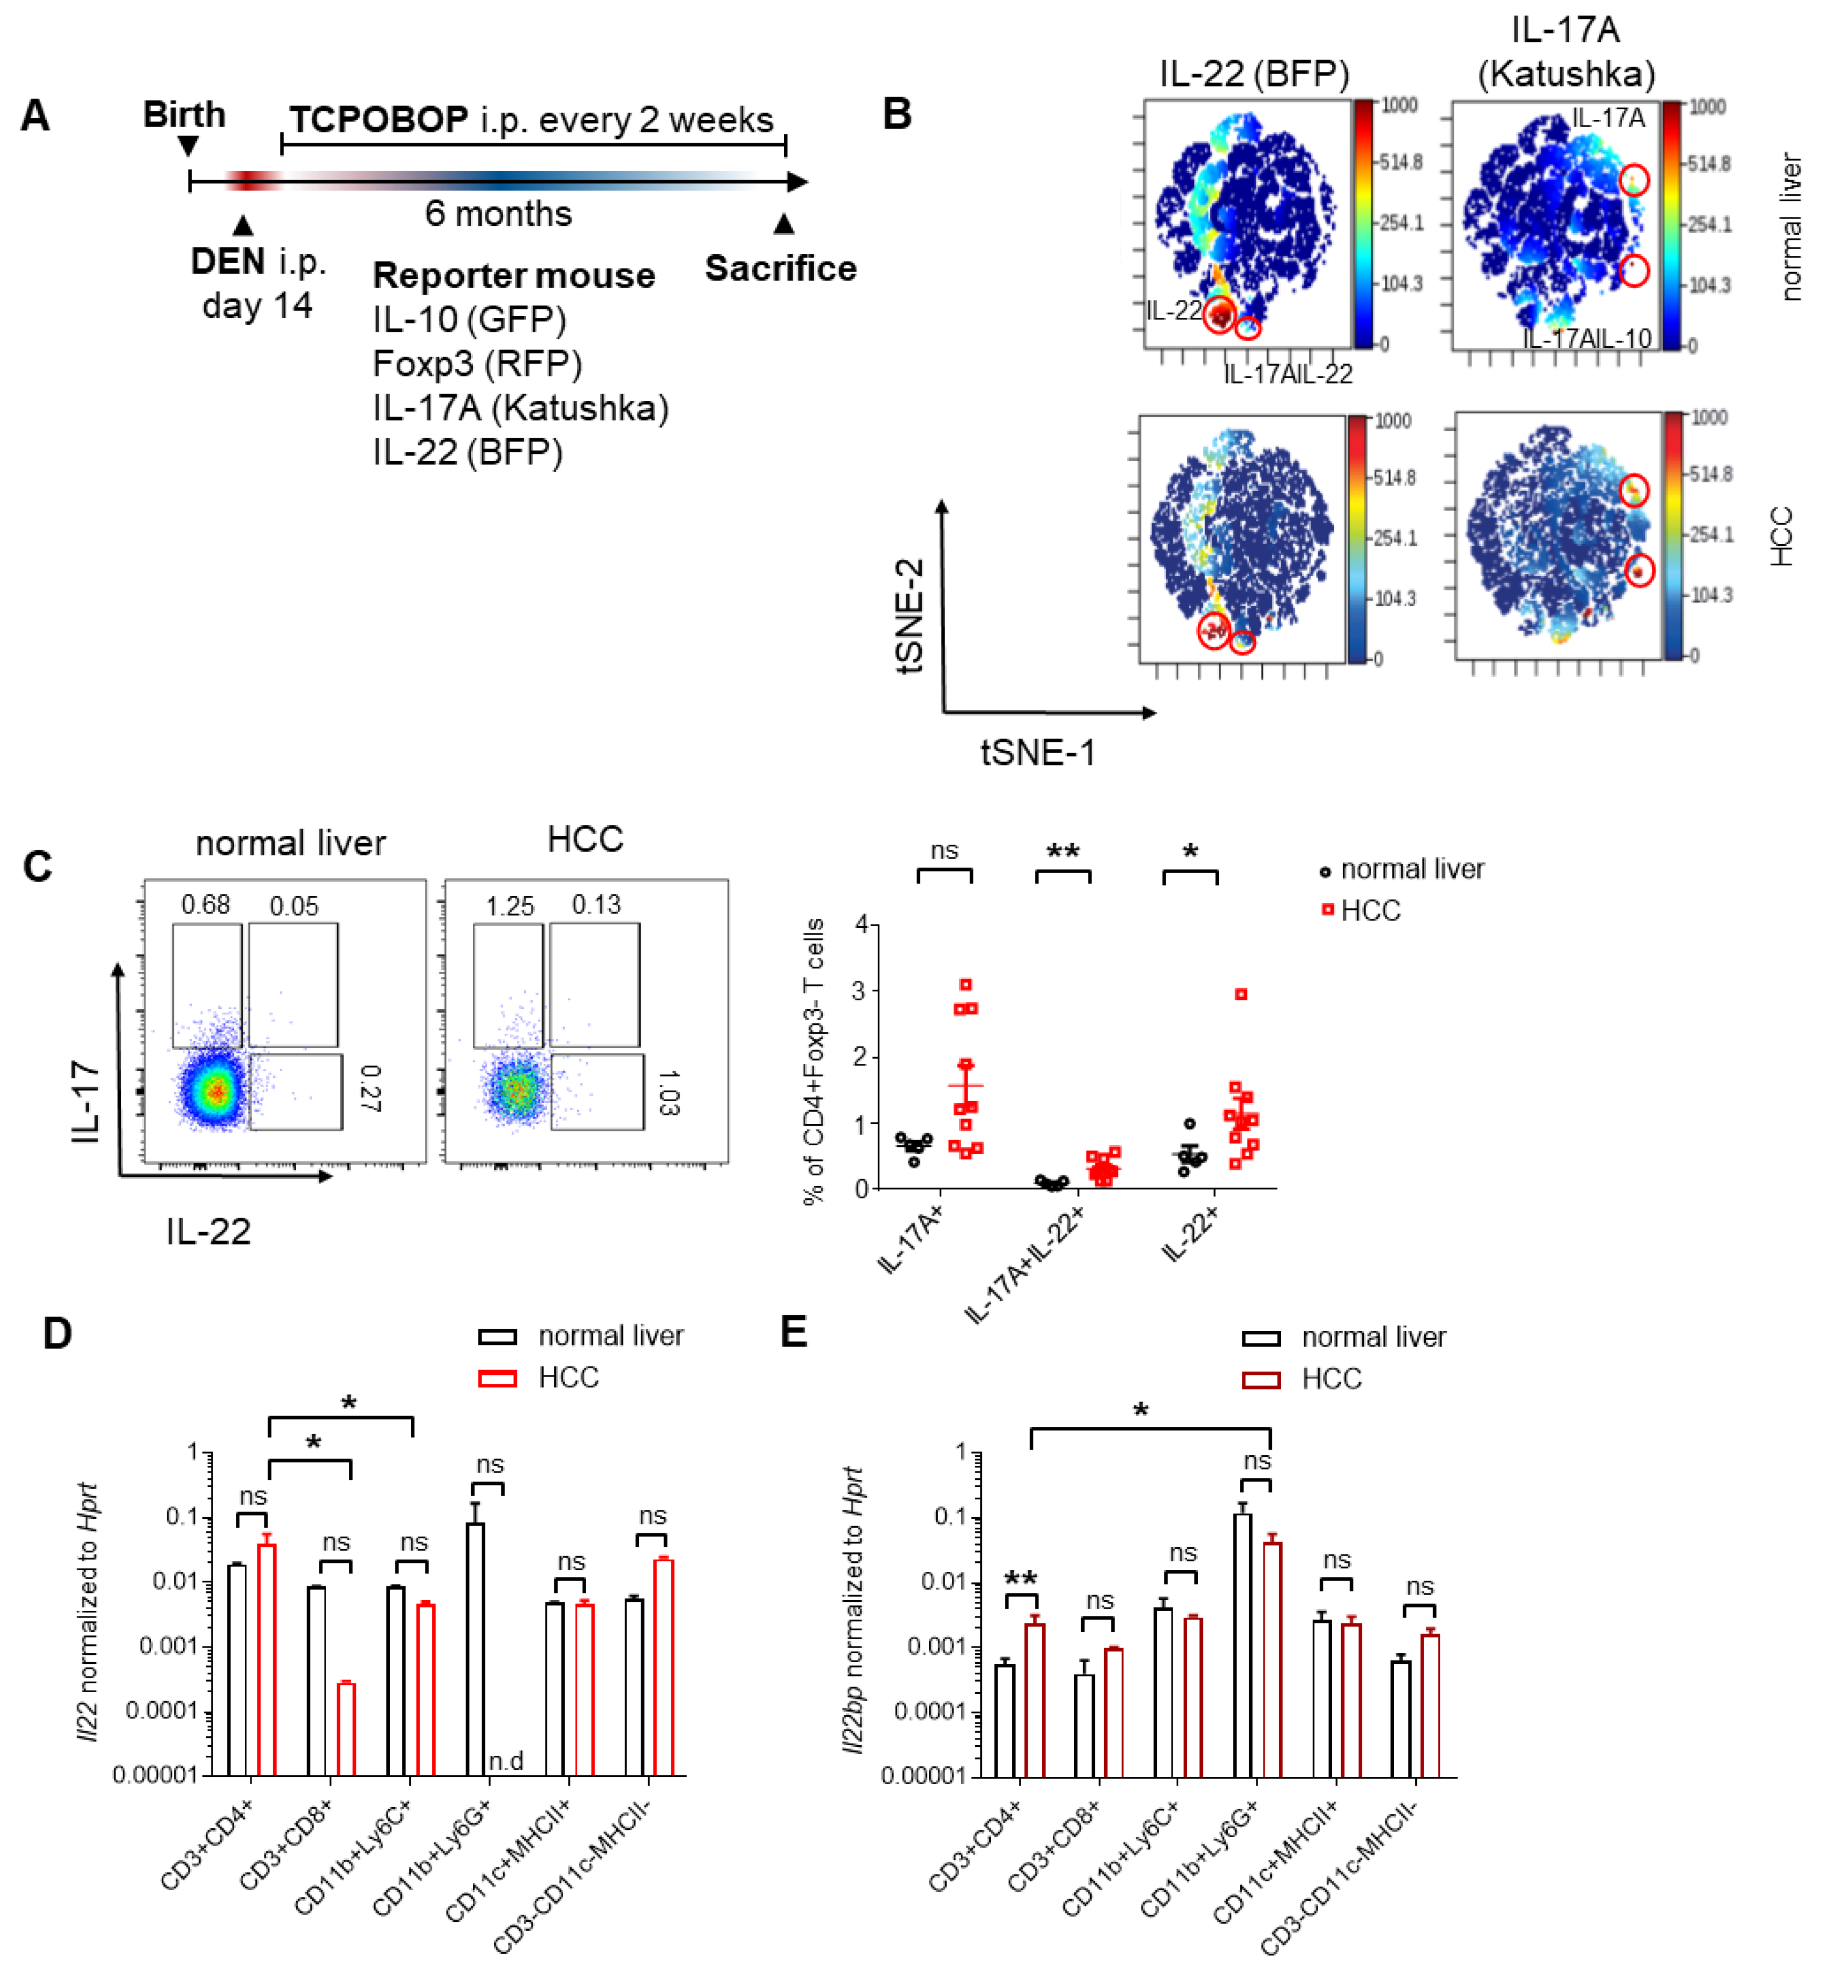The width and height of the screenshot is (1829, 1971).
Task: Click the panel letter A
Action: pos(36,116)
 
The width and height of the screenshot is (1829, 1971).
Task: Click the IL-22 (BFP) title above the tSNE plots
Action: pos(1253,73)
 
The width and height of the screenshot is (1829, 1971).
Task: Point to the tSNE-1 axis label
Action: pos(1037,753)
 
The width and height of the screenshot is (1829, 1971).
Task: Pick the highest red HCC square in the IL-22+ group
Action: pos(1241,994)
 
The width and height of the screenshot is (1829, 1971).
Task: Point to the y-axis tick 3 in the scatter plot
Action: pos(861,990)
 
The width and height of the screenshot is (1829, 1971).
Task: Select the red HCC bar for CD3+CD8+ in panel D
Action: pos(345,1728)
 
